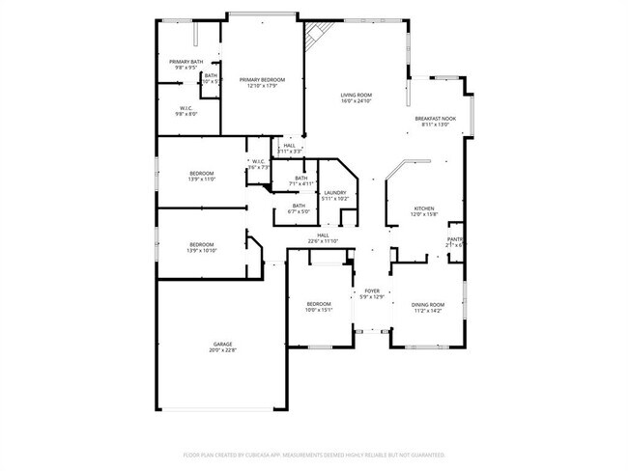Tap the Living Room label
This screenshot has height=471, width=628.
point(356,95)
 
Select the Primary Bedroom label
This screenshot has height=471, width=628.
point(263,79)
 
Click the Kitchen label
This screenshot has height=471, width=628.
point(424,208)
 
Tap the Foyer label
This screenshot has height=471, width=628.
point(372,291)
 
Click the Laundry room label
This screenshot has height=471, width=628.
point(335,193)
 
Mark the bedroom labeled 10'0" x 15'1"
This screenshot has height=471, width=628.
point(319,304)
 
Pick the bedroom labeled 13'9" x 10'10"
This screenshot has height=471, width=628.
point(202,244)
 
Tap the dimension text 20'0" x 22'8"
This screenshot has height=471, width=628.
point(223,350)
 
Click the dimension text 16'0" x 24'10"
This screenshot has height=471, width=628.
point(356,101)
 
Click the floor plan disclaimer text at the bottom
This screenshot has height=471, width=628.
point(314,455)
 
